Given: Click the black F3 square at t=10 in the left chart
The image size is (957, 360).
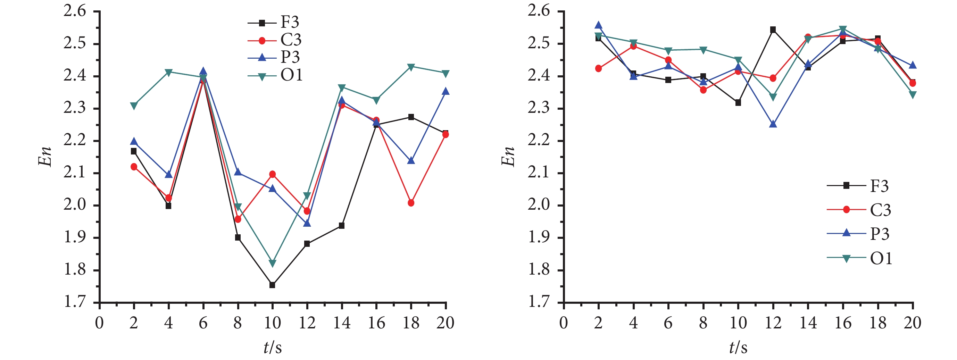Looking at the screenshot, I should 272,285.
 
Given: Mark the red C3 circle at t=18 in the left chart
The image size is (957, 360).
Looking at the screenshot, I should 411,203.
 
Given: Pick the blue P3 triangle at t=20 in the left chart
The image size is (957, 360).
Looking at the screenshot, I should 446,91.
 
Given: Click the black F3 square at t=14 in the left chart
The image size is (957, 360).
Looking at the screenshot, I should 342,226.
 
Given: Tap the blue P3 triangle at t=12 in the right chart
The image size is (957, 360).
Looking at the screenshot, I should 773,124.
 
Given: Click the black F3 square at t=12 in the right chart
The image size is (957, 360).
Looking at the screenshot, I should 773,30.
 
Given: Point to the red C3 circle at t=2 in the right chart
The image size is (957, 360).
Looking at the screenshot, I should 599,68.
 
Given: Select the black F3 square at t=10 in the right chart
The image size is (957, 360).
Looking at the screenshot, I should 738,102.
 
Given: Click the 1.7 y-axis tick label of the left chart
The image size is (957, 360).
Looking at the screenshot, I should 75,301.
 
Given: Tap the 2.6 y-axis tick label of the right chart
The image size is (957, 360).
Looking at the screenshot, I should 539,11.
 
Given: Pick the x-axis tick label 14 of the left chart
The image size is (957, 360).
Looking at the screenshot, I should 342,323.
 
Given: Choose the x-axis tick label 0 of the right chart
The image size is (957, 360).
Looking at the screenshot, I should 564,323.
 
